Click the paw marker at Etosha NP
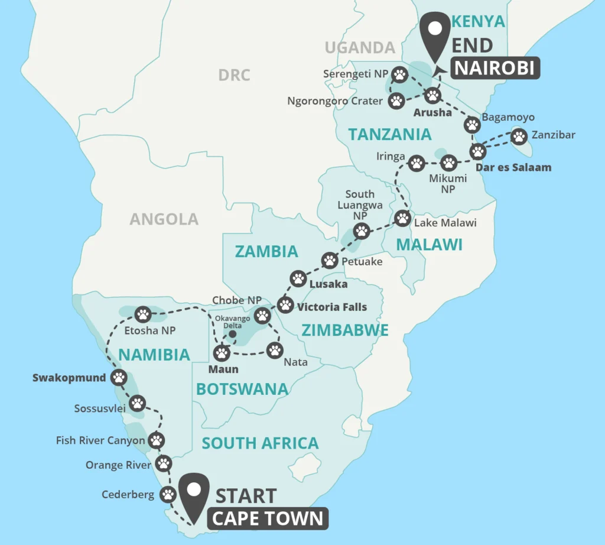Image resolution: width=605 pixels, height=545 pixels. click(143, 314)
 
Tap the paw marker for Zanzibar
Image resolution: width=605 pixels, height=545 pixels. click(519, 137)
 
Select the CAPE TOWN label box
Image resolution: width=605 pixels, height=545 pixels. click(268, 518)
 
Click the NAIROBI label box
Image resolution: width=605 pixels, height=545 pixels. click(496, 69)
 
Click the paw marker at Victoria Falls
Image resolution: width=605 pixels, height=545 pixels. click(285, 305)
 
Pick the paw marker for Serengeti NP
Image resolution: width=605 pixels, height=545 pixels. click(400, 75)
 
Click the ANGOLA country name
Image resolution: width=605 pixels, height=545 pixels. click(164, 219)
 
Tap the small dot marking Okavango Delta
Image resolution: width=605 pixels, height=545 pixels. click(233, 334)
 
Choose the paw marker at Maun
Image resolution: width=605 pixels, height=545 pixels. click(222, 353)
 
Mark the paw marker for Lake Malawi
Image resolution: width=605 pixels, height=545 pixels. click(402, 218)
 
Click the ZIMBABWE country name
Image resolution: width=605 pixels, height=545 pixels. click(345, 330)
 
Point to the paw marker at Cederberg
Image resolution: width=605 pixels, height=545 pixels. click(169, 494)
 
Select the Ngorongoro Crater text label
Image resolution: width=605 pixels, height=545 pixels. click(334, 101)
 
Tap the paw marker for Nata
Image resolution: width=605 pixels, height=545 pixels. click(275, 350)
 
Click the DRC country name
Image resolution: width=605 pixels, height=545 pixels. click(234, 75)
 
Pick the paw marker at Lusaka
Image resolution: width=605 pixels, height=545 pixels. click(298, 278)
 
